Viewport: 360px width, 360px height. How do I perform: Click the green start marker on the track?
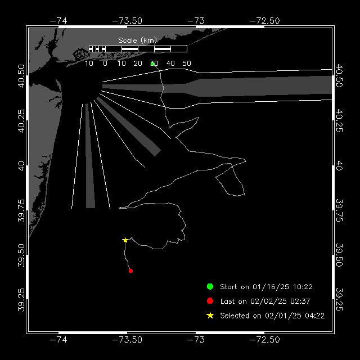(152, 64)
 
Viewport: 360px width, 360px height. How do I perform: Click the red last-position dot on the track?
(130, 271)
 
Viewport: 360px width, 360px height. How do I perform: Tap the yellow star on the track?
(125, 240)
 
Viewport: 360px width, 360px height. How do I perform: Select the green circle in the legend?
(210, 286)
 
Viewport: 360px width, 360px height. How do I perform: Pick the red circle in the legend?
(210, 301)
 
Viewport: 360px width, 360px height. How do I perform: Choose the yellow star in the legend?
(210, 316)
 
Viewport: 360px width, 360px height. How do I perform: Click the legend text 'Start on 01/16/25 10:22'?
(266, 287)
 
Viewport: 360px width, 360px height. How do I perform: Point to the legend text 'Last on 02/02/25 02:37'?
(265, 301)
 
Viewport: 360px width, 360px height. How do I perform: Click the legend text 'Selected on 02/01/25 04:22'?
(272, 316)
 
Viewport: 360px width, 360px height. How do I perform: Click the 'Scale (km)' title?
(137, 40)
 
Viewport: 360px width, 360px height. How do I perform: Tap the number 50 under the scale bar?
(187, 64)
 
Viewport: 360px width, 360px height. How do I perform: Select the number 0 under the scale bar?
(105, 64)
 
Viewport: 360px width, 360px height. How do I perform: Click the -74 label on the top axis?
(58, 21)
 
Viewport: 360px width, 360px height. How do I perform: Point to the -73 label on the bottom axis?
(196, 340)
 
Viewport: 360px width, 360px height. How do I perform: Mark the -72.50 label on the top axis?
(264, 21)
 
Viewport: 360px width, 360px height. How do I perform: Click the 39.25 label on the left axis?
(21, 300)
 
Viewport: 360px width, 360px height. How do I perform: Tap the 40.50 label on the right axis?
(339, 76)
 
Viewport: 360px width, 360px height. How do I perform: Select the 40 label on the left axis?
(21, 166)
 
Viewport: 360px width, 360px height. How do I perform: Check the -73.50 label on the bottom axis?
(127, 340)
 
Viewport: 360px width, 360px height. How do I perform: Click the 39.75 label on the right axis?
(339, 210)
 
